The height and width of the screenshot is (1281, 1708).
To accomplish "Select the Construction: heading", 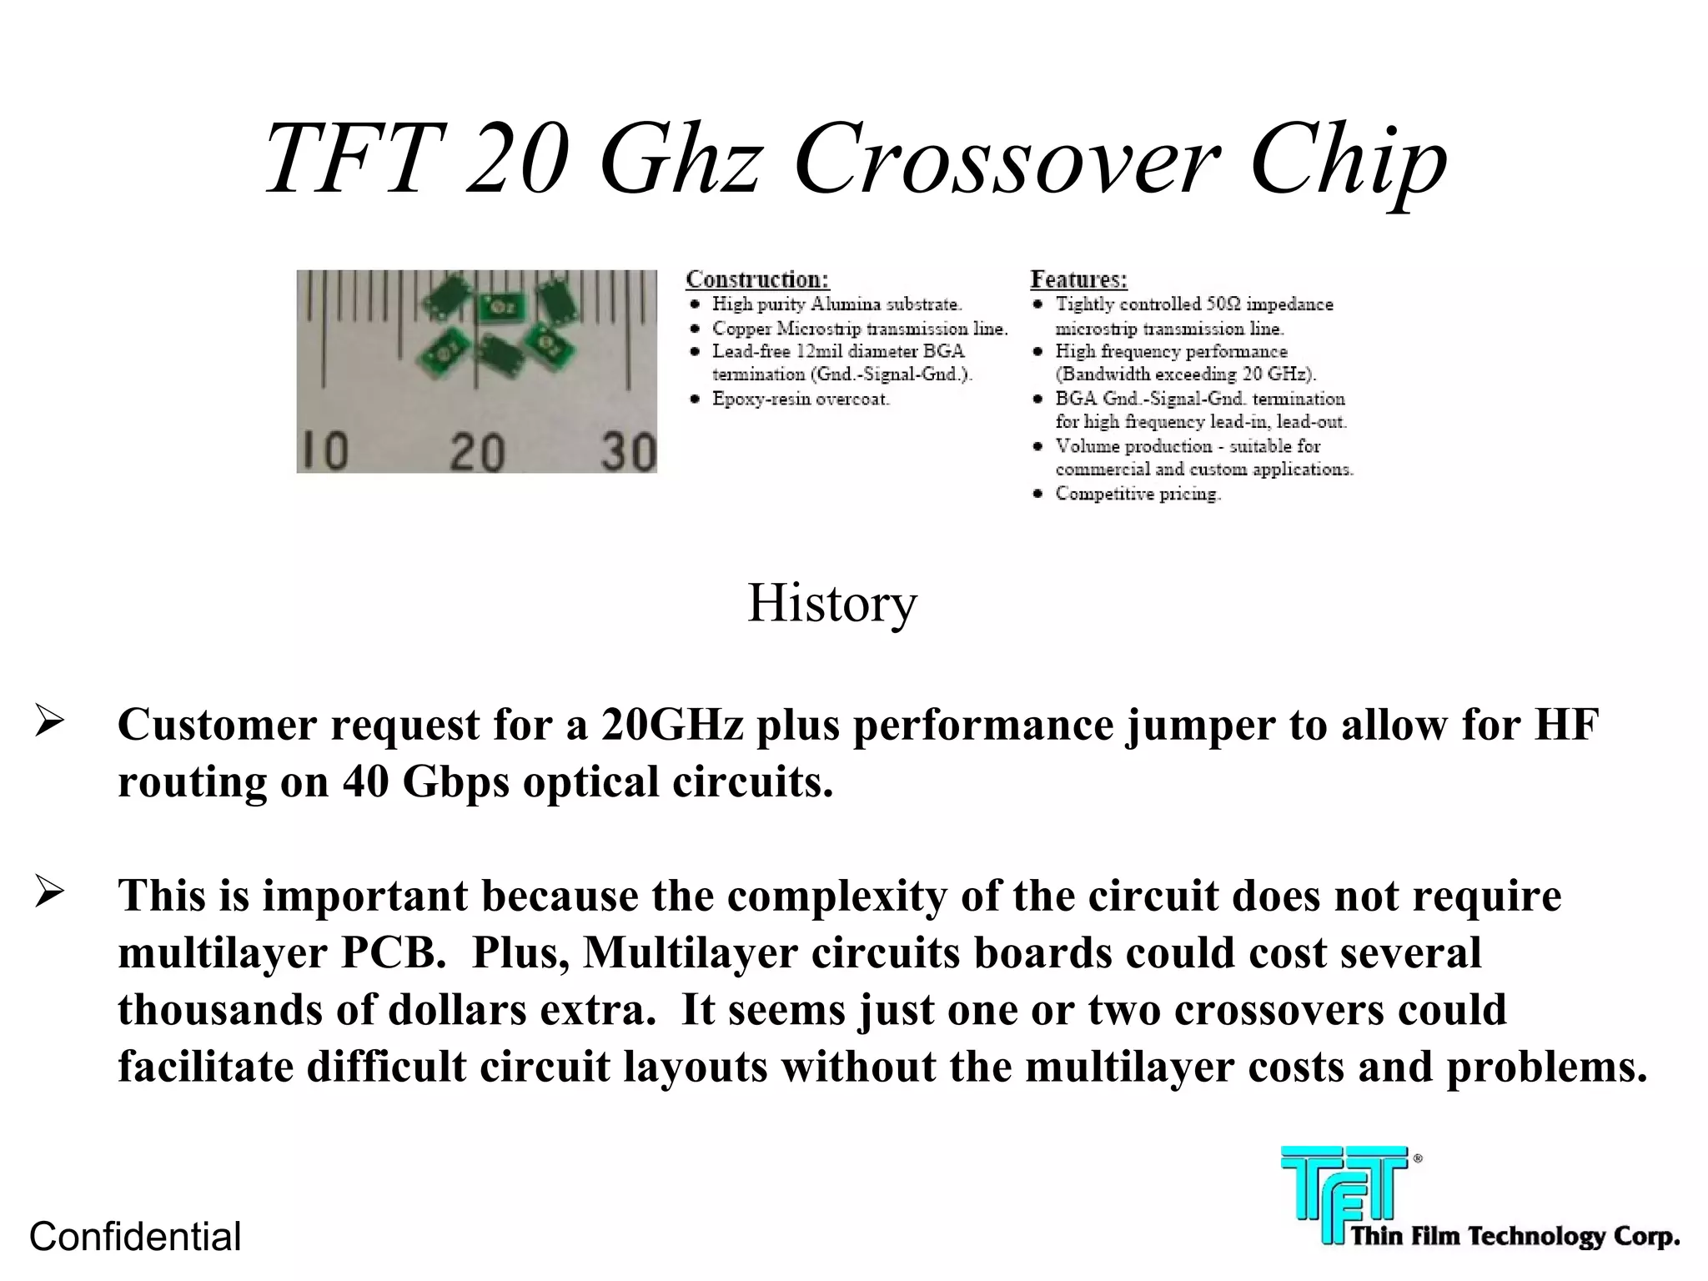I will click(x=757, y=279).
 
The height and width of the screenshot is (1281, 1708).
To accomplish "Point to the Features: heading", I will click(x=1078, y=279).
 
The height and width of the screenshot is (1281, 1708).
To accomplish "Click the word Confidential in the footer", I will click(x=135, y=1236).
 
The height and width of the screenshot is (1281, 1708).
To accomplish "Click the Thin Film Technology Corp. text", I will click(x=1514, y=1236).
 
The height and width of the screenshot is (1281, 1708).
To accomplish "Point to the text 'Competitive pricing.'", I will click(x=1138, y=494).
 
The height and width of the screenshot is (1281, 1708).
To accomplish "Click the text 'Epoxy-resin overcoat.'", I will click(x=801, y=399).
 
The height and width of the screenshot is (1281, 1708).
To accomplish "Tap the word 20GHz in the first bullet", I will click(x=671, y=725).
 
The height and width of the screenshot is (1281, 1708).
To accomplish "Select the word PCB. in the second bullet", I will click(x=393, y=953).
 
